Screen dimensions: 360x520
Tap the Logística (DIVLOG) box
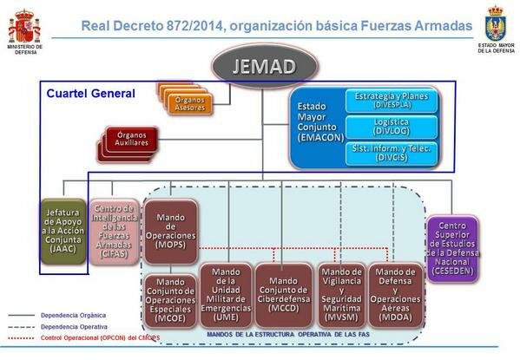tap(392, 127)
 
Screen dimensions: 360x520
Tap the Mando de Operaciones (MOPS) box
tap(170, 232)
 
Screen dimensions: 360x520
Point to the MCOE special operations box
tap(170, 298)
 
